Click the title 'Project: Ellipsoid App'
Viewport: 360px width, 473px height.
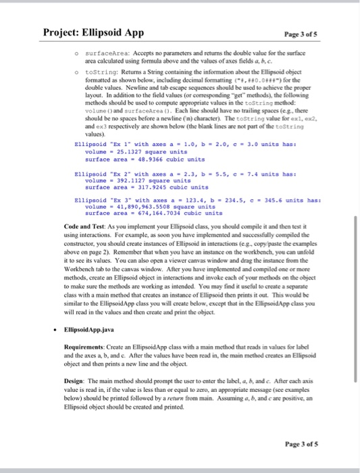tap(93, 32)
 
